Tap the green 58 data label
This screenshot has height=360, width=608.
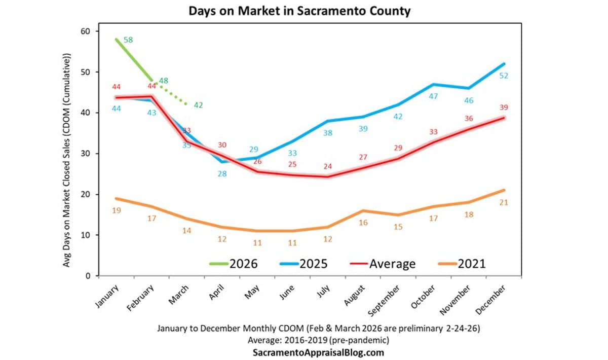[x=128, y=40]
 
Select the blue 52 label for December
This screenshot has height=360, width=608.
[x=504, y=76]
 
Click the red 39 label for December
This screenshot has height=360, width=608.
[x=504, y=107]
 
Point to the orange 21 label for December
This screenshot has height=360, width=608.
[x=504, y=202]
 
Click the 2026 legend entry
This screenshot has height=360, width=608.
[x=234, y=264]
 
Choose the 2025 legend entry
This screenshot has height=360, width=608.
[x=303, y=264]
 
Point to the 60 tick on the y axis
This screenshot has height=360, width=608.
[x=85, y=31]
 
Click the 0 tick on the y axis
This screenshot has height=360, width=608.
[x=87, y=276]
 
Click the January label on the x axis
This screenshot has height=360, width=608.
[x=107, y=297]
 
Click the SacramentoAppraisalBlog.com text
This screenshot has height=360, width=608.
[x=318, y=352]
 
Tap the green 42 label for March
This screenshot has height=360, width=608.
[x=198, y=105]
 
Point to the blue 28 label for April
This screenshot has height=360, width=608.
[x=222, y=173]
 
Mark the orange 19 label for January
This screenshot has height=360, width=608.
[x=116, y=210]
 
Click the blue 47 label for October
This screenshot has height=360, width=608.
[x=433, y=96]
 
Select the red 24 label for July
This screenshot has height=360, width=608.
[x=329, y=166]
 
